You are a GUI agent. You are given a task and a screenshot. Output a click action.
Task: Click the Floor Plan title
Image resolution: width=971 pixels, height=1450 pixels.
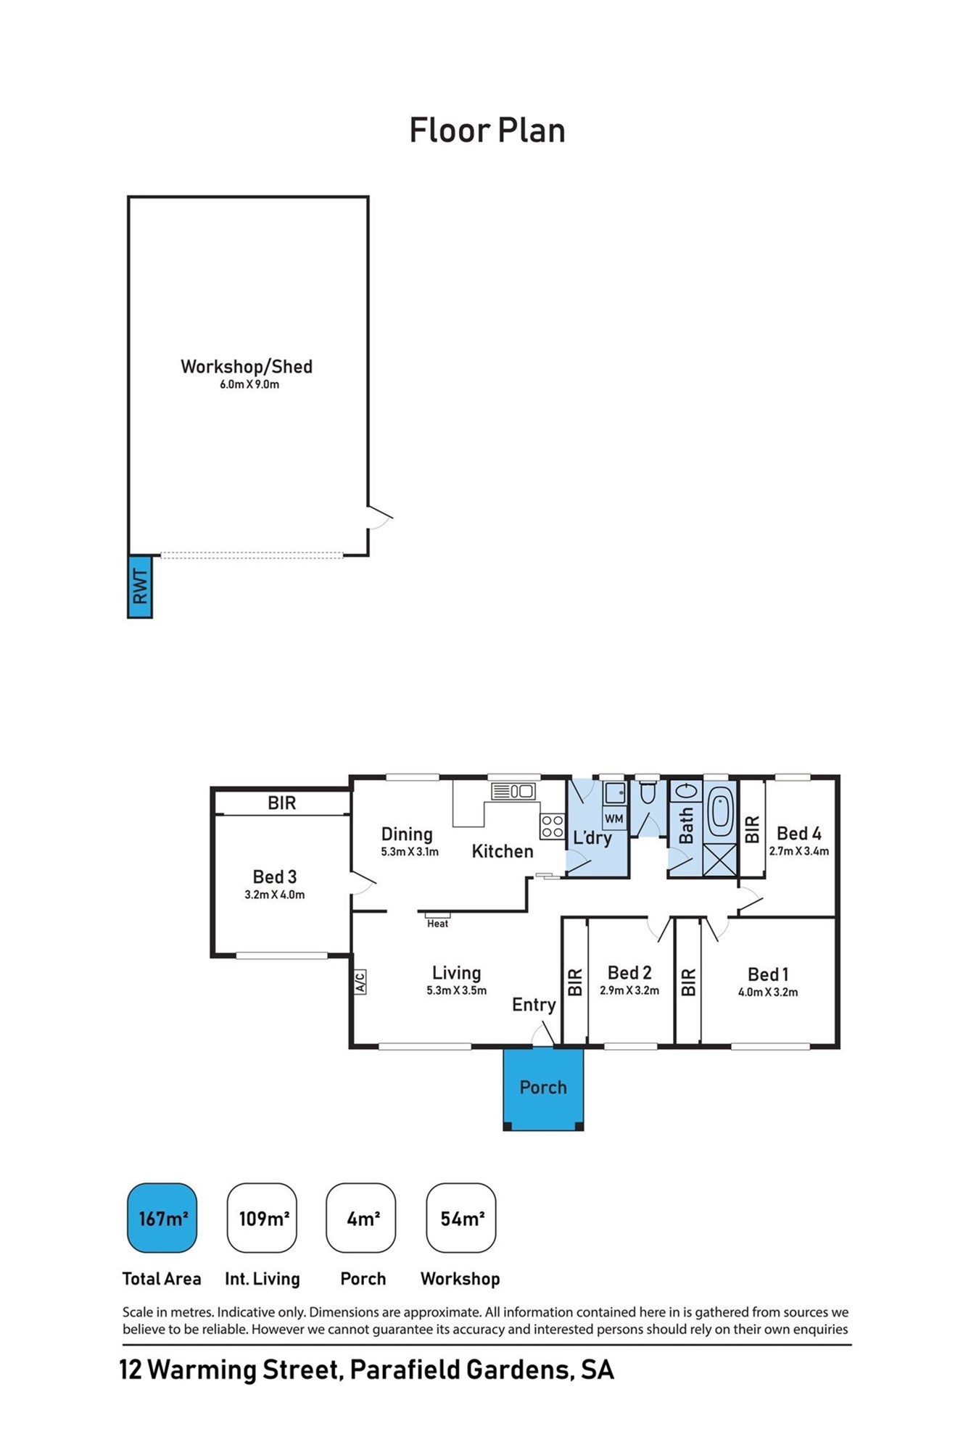click(487, 130)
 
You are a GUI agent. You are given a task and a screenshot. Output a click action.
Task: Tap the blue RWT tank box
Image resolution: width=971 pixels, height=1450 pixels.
click(140, 587)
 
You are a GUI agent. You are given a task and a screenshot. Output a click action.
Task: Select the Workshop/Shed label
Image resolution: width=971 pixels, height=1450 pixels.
click(247, 367)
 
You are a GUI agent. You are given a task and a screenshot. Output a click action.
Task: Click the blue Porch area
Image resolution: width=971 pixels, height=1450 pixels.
click(543, 1088)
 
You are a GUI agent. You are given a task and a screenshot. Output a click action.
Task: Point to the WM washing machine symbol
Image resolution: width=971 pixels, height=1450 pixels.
click(613, 819)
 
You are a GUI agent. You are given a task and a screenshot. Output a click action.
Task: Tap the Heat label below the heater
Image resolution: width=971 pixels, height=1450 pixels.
click(437, 924)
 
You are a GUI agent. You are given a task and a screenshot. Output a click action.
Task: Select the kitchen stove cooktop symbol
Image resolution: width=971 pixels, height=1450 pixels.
click(552, 826)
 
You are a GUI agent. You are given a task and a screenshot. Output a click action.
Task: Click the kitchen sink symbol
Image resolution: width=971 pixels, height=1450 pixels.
click(513, 791)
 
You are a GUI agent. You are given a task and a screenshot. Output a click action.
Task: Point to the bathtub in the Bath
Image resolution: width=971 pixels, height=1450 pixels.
click(719, 812)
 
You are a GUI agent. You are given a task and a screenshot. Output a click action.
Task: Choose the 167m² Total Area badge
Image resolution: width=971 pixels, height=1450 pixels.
click(162, 1218)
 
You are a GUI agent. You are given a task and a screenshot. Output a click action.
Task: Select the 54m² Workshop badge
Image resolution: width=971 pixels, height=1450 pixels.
click(461, 1218)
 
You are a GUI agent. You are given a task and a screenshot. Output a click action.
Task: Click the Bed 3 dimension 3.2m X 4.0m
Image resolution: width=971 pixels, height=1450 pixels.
click(275, 895)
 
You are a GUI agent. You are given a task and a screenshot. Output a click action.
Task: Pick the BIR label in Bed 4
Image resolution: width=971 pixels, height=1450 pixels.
click(752, 829)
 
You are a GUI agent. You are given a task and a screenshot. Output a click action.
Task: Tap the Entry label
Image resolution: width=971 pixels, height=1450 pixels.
click(534, 1005)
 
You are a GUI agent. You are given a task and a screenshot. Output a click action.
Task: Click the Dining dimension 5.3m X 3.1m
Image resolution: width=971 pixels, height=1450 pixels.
click(410, 852)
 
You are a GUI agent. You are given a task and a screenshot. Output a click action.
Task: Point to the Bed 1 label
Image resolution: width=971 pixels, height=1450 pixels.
click(768, 974)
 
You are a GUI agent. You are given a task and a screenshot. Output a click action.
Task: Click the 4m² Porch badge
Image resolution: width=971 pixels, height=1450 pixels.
click(361, 1218)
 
